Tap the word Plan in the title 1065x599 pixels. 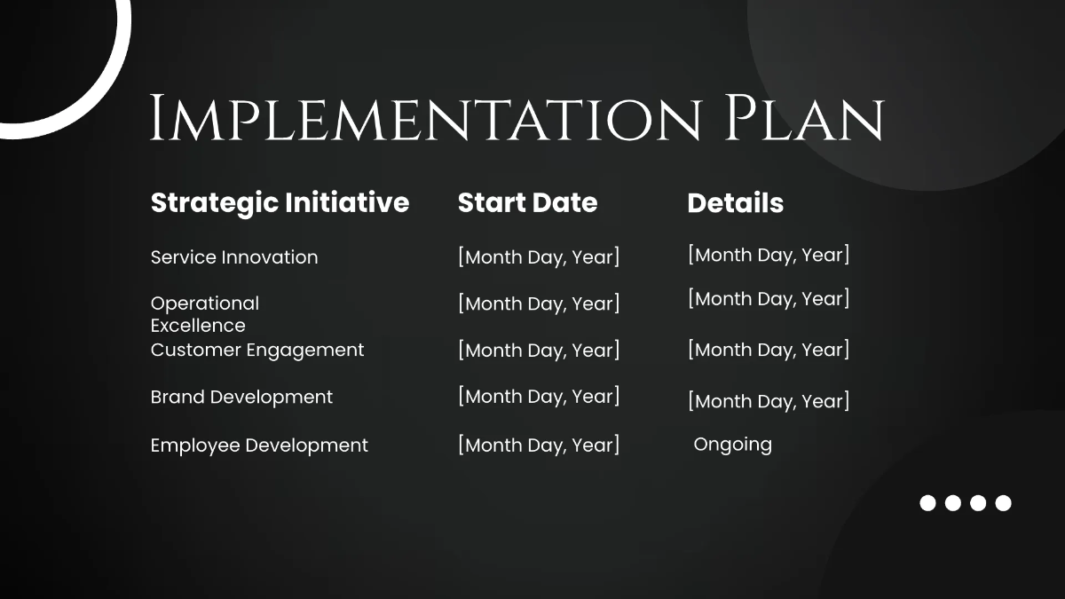804,118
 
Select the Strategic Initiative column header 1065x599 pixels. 280,202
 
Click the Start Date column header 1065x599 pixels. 527,202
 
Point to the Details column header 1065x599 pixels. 735,203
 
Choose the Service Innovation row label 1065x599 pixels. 234,257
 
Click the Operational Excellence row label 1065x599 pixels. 205,314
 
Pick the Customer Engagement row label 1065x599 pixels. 257,350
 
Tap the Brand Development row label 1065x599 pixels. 241,397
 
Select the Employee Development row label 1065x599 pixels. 259,445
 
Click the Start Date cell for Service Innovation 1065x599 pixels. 539,257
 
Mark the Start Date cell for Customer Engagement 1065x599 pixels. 539,351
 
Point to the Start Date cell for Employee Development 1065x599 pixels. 539,445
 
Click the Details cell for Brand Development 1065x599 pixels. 769,401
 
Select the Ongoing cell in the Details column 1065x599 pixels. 732,444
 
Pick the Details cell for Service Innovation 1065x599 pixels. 769,256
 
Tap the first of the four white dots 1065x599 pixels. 927,503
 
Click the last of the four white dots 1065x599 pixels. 1003,503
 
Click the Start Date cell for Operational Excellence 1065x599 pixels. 539,303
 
